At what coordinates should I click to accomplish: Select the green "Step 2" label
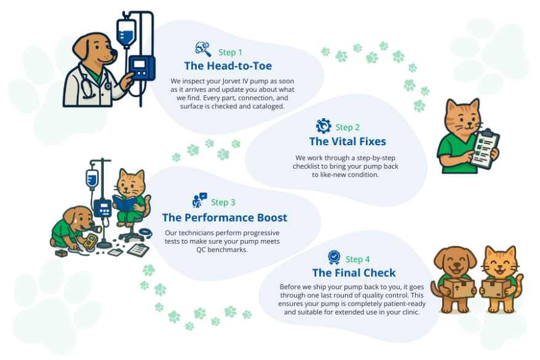[x=347, y=127]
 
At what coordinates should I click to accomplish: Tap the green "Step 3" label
[x=223, y=202]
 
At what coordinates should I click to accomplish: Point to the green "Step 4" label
[x=358, y=259]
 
